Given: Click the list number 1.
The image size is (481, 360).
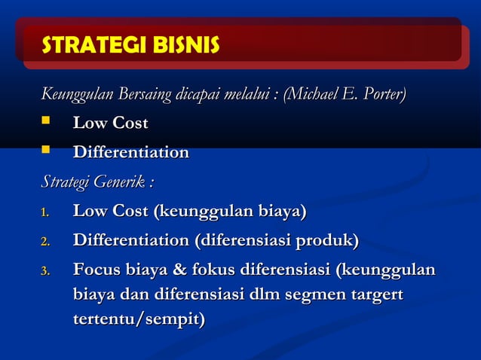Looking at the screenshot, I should pos(45,213).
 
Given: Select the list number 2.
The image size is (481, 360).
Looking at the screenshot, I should pos(45,243).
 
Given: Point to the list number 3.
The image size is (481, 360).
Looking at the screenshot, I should pos(45,272).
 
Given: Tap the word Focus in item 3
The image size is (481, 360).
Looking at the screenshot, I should pos(97,270).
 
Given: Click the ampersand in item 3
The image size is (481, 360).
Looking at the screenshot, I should pos(179,270).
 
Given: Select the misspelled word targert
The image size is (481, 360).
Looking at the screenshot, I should pos(375,294).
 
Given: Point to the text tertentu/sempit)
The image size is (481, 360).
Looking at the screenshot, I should pos(139,319).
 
